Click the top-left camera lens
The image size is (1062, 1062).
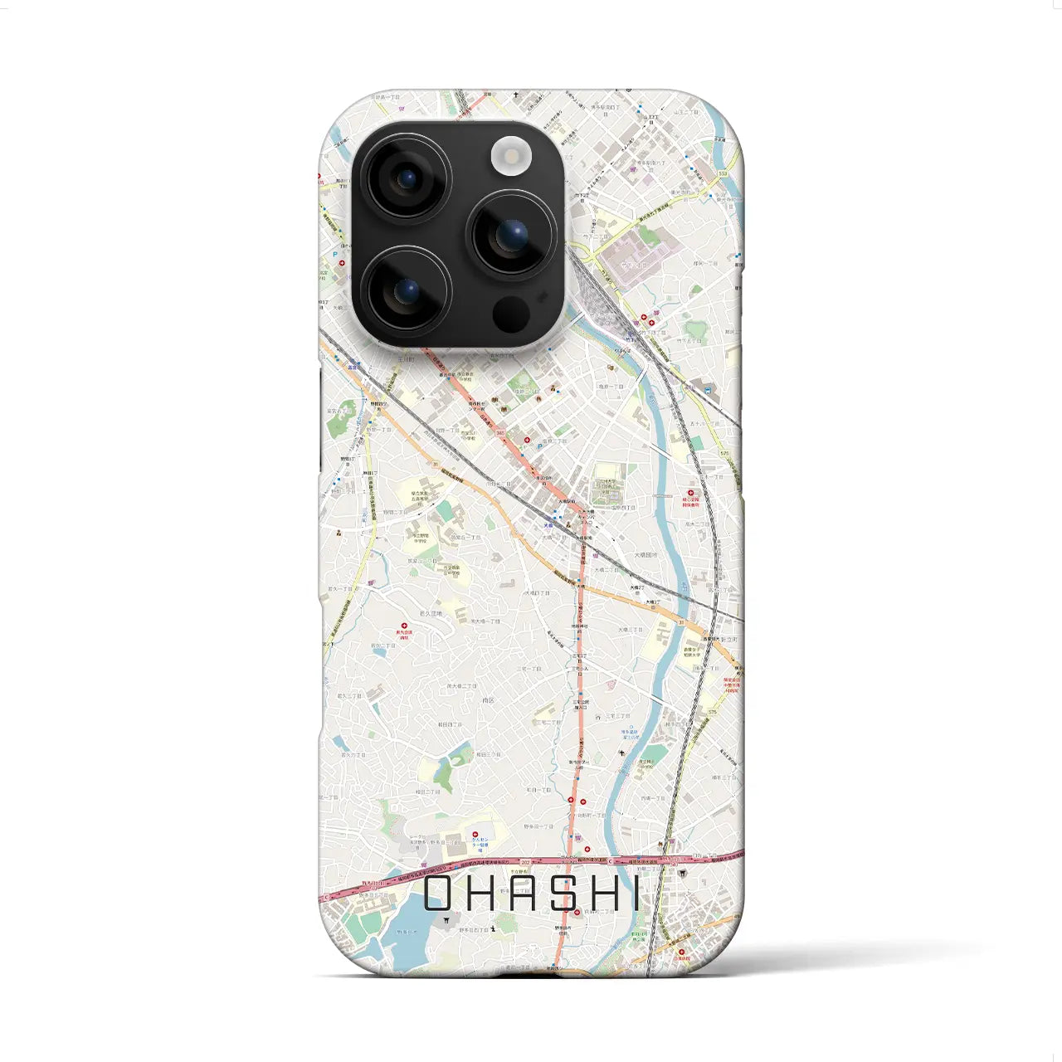407,178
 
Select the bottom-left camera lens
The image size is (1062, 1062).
407,291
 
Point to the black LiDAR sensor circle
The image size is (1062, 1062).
511,314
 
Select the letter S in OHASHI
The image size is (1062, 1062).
564,894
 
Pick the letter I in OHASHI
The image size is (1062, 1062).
636,894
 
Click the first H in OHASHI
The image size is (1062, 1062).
485,894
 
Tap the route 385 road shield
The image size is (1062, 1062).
499,432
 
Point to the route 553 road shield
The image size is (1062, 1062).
723,173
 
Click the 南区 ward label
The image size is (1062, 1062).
488,700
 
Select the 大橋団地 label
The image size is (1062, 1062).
645,554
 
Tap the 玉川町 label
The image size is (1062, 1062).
405,359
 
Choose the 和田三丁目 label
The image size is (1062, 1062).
489,754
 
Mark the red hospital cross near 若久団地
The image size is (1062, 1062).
404,626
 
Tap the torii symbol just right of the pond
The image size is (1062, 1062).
446,920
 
